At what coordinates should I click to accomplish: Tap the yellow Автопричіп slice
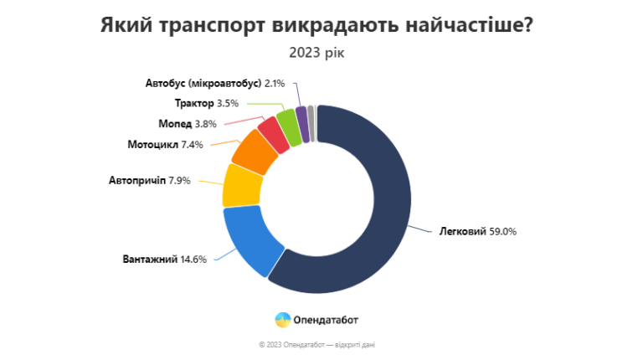[x=239, y=186]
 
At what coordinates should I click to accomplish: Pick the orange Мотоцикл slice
[x=255, y=151]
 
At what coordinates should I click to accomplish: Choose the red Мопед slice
[x=272, y=132]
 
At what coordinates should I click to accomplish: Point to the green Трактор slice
[x=288, y=124]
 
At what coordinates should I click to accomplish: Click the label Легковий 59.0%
[x=477, y=231]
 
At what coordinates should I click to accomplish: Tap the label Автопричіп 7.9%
[x=152, y=180]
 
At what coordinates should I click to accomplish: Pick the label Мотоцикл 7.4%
[x=166, y=144]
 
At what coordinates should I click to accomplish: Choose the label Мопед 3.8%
[x=188, y=123]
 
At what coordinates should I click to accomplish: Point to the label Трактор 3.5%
[x=207, y=103]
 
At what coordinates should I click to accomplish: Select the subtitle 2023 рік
[x=316, y=54]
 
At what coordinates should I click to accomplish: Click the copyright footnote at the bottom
[x=322, y=344]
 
